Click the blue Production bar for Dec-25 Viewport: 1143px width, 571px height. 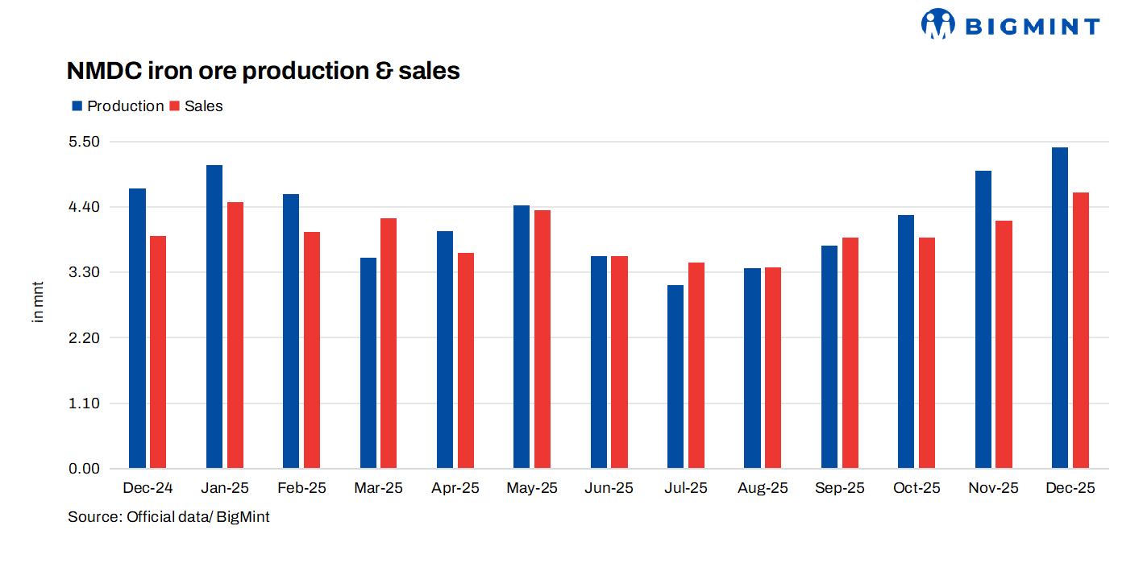(x=1060, y=308)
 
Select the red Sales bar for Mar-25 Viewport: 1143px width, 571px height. (x=389, y=343)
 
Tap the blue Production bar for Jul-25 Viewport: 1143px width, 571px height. (x=675, y=376)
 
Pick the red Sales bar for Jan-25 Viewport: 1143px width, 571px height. (x=235, y=335)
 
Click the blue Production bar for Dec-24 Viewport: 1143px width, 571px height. (x=137, y=328)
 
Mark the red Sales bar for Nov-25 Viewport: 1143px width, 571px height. (x=1004, y=344)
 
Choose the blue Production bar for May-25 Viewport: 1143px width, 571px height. (x=522, y=337)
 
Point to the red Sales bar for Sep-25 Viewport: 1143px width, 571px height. (x=850, y=353)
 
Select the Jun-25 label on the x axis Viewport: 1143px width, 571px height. (x=609, y=488)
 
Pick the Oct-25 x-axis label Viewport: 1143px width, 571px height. (x=916, y=488)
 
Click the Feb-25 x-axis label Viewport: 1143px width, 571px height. (x=301, y=488)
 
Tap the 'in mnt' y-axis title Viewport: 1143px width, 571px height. (x=38, y=302)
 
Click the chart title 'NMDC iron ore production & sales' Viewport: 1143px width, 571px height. (x=263, y=71)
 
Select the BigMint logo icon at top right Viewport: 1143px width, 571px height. (x=937, y=25)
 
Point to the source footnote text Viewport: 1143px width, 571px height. (x=168, y=517)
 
